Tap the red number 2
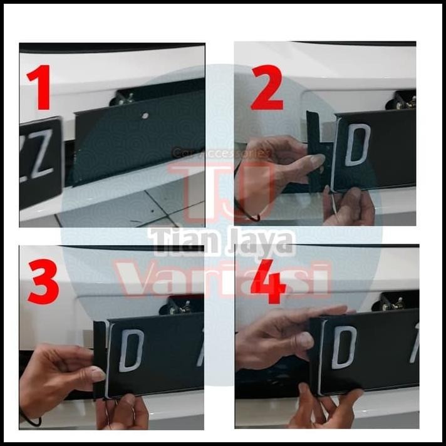(267, 86)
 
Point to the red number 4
(268, 282)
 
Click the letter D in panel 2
(358, 145)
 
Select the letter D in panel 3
(131, 350)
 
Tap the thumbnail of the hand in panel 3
(98, 375)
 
